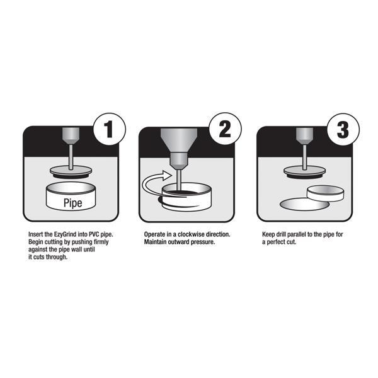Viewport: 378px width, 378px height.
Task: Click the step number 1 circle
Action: [110, 129]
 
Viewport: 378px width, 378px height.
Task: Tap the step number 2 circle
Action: [225, 129]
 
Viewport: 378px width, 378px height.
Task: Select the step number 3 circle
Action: [343, 129]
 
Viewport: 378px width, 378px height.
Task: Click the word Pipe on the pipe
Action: [73, 203]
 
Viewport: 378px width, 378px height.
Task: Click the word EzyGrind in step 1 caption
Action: [65, 234]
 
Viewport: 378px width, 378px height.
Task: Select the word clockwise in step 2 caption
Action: [191, 234]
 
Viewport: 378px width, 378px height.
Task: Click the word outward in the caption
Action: [179, 242]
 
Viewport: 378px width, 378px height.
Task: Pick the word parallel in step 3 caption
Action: [297, 234]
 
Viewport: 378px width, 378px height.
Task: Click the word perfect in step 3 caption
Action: [276, 242]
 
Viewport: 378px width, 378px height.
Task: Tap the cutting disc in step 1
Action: [71, 172]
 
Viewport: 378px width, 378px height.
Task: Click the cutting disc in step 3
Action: [305, 172]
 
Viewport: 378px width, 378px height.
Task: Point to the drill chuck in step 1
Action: [71, 136]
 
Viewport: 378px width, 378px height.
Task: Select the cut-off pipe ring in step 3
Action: [325, 193]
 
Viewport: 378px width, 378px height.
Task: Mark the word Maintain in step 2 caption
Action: [155, 242]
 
